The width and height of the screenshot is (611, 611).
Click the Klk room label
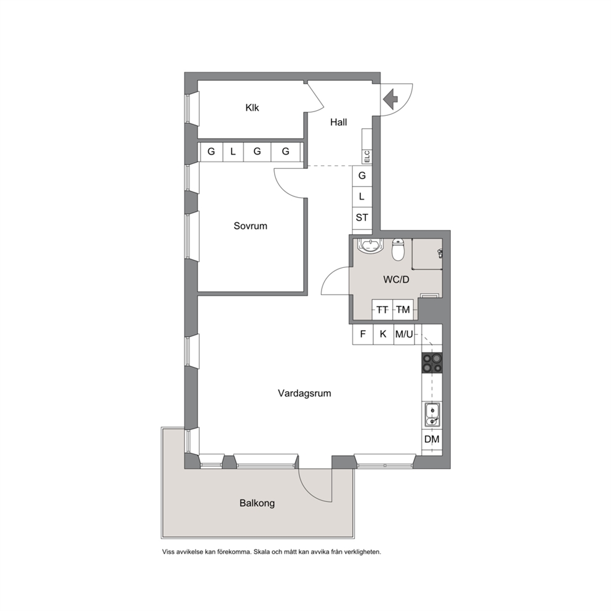click(x=252, y=108)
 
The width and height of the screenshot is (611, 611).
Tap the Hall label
click(x=338, y=123)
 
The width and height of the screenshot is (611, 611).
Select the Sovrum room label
click(x=250, y=226)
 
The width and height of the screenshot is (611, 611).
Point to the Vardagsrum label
click(x=304, y=393)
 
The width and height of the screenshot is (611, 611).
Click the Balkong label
click(x=257, y=503)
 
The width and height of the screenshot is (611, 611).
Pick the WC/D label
click(x=396, y=280)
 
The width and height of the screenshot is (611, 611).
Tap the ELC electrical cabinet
click(x=366, y=156)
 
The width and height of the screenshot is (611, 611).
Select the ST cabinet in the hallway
click(x=362, y=218)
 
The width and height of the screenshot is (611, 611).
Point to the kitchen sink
click(x=432, y=415)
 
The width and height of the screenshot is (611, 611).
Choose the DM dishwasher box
click(x=432, y=440)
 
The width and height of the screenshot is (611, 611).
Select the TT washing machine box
click(x=382, y=310)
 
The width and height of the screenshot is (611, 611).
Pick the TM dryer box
click(x=403, y=310)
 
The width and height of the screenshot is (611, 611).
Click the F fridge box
click(x=363, y=334)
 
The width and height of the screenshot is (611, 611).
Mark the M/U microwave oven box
click(x=404, y=334)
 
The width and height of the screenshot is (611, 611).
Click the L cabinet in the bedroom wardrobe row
click(x=233, y=152)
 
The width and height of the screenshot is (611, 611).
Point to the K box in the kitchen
click(x=384, y=334)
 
